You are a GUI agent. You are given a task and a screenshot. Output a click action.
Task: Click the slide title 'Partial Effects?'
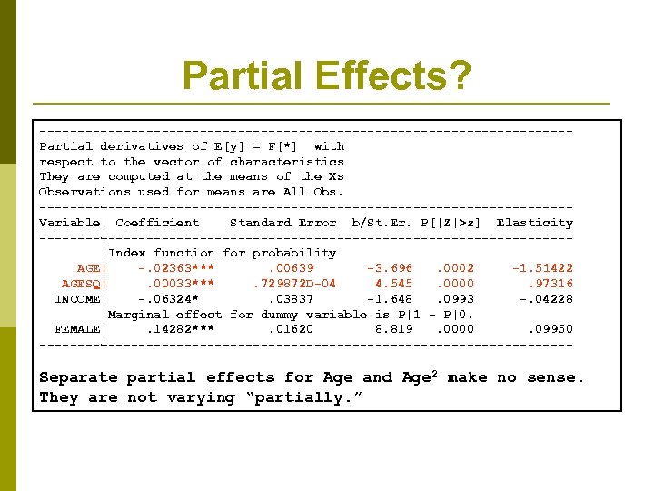[326, 76]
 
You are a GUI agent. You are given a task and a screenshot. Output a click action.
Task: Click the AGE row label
[89, 268]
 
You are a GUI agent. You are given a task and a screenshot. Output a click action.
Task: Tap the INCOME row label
[78, 299]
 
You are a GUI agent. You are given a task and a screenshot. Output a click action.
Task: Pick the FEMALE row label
[78, 329]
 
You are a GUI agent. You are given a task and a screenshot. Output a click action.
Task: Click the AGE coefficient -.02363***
[176, 268]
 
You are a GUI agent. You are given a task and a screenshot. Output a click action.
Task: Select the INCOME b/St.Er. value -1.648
[390, 299]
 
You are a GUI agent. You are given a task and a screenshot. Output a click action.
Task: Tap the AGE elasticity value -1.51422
[542, 268]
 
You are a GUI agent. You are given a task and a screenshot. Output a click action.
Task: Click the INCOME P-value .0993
[455, 299]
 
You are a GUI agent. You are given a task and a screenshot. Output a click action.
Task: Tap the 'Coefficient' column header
[157, 223]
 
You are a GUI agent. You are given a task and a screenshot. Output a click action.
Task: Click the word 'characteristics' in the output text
[286, 162]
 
